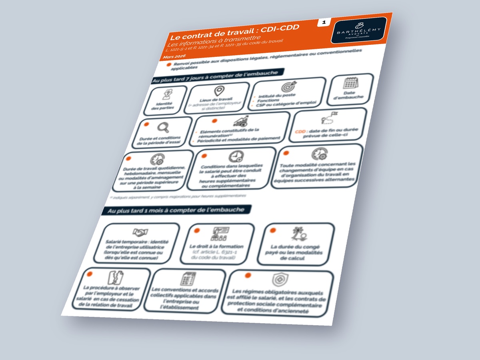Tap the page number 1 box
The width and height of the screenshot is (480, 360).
coord(323,22)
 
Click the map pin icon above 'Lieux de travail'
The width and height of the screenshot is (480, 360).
coord(218,92)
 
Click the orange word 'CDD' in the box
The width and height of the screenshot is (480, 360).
coord(300,131)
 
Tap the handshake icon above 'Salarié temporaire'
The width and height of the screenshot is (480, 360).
coord(140,232)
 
